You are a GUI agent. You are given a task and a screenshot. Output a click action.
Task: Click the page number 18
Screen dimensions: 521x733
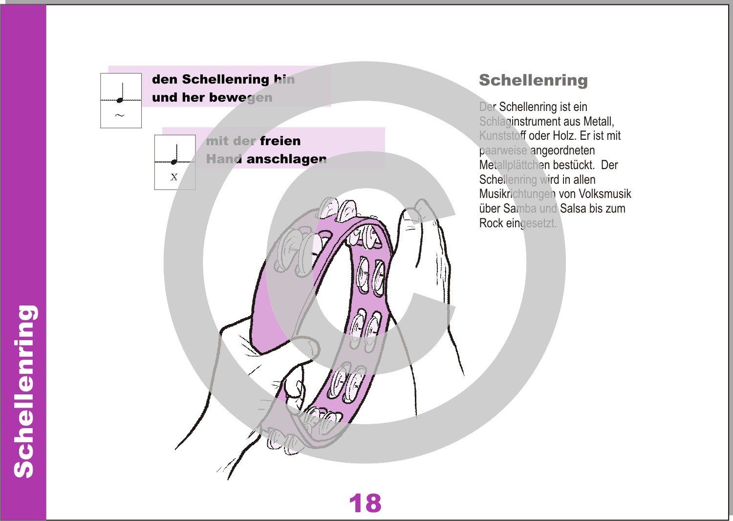tap(365, 503)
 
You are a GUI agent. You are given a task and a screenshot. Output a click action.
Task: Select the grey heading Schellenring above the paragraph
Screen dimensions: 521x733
tap(533, 80)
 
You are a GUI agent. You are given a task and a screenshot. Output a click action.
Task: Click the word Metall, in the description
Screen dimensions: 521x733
tap(599, 121)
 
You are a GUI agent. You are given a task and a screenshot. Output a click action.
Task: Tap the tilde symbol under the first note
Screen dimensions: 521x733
tap(120, 116)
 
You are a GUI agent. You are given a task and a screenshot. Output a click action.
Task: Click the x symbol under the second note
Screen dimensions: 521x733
tap(174, 177)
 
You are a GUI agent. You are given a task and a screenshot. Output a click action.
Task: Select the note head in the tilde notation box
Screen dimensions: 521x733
tap(120, 100)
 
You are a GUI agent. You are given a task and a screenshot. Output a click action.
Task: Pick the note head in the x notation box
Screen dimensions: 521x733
tap(173, 162)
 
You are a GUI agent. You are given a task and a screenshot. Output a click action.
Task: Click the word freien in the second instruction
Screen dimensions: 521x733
tap(280, 141)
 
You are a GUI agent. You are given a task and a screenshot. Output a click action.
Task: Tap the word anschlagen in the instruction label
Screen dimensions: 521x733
tap(286, 159)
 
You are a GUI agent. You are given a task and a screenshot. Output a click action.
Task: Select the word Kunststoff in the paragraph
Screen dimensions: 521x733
tap(502, 135)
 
